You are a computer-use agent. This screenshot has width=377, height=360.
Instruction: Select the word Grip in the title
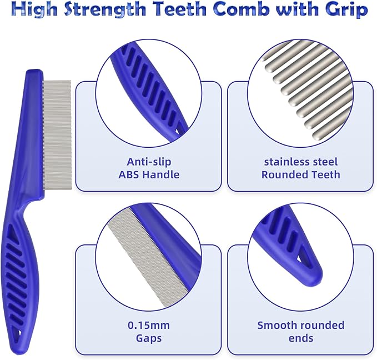pos(347,9)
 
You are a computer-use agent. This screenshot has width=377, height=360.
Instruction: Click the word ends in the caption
pos(300,338)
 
